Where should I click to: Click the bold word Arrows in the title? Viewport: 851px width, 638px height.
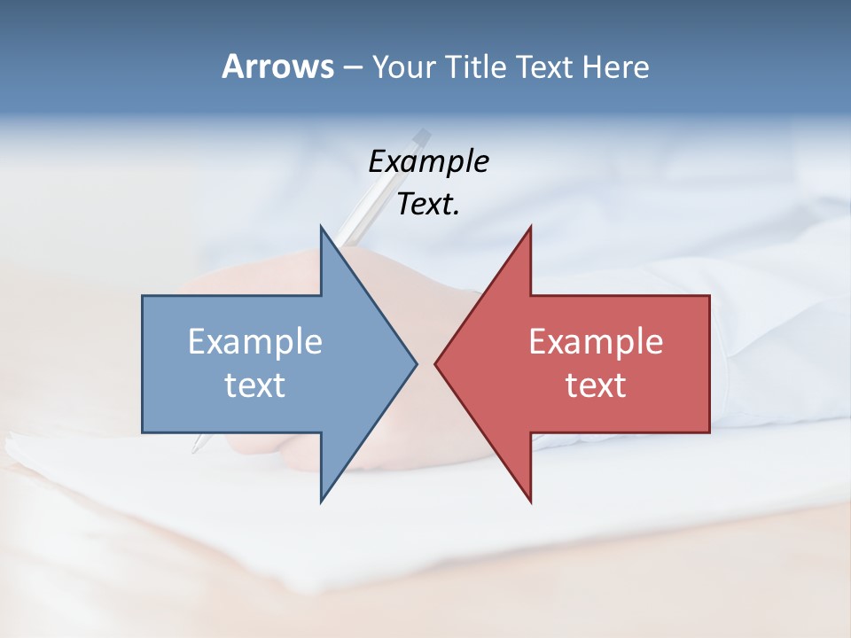[x=277, y=66]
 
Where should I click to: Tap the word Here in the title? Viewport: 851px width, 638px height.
[x=615, y=66]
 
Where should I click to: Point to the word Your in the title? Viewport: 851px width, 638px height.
[x=403, y=67]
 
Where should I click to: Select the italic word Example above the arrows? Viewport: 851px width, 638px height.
[x=428, y=161]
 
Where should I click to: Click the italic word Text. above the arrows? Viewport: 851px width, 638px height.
[x=428, y=205]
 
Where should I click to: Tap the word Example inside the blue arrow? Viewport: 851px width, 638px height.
[x=255, y=341]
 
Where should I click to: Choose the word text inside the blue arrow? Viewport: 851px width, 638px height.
[x=255, y=385]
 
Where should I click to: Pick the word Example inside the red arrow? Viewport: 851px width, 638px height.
[x=596, y=341]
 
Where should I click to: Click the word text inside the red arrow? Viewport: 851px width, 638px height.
[x=596, y=385]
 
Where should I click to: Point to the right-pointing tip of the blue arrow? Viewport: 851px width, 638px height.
[x=417, y=363]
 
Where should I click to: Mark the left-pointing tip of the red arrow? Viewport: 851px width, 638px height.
[x=435, y=363]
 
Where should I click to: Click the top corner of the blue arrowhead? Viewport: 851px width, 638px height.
[x=321, y=226]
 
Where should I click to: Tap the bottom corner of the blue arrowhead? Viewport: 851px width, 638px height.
[x=321, y=502]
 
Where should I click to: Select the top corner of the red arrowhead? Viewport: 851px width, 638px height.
[x=530, y=227]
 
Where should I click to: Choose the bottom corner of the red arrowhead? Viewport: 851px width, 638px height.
[x=530, y=502]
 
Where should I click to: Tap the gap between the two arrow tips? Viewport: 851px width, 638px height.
[x=425, y=363]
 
